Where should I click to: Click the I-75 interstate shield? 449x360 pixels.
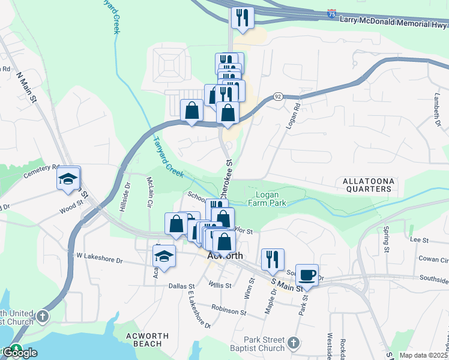pyautogui.click(x=332, y=13)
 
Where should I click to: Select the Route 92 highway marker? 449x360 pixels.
pyautogui.click(x=277, y=96)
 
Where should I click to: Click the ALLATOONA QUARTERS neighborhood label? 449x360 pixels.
pyautogui.click(x=367, y=185)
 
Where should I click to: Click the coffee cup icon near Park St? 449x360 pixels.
pyautogui.click(x=307, y=274)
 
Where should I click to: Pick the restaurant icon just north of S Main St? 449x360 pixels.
pyautogui.click(x=273, y=259)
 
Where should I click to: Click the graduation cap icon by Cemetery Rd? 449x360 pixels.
pyautogui.click(x=68, y=178)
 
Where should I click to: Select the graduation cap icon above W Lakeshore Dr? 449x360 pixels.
pyautogui.click(x=164, y=256)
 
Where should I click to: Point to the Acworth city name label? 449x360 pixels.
pyautogui.click(x=224, y=256)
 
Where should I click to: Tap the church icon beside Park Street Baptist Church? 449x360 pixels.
pyautogui.click(x=293, y=343)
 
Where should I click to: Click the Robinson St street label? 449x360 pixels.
pyautogui.click(x=228, y=312)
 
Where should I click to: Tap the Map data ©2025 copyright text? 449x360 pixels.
pyautogui.click(x=423, y=355)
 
